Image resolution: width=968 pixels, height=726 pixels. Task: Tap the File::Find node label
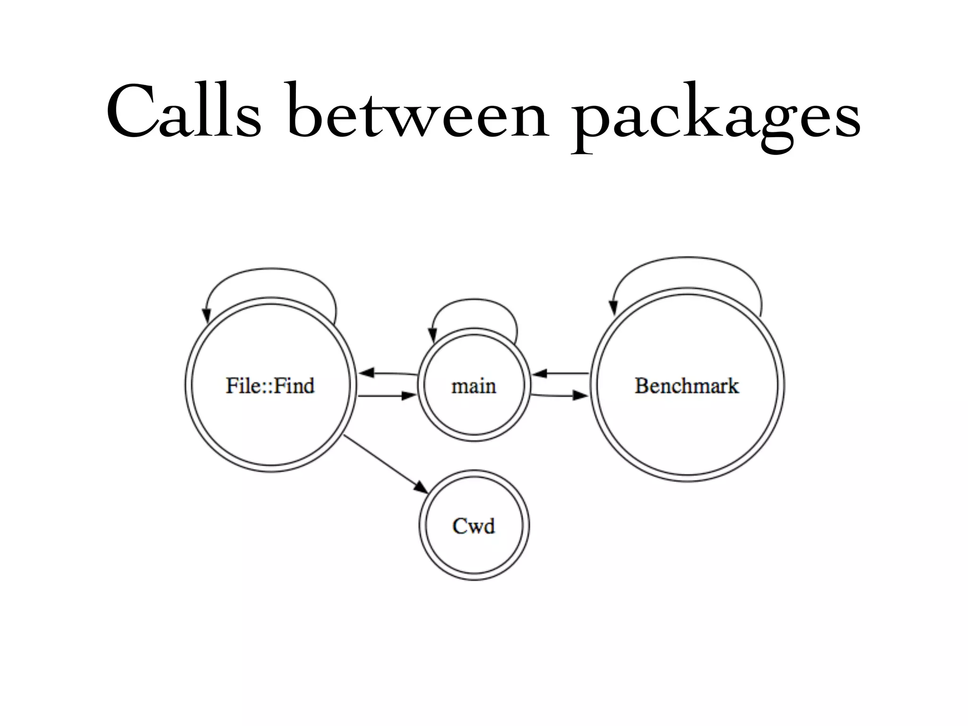270,385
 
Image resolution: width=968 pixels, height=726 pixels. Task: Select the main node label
474,386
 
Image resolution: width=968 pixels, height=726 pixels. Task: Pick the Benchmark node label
686,385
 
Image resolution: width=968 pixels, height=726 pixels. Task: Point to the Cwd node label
474,526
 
